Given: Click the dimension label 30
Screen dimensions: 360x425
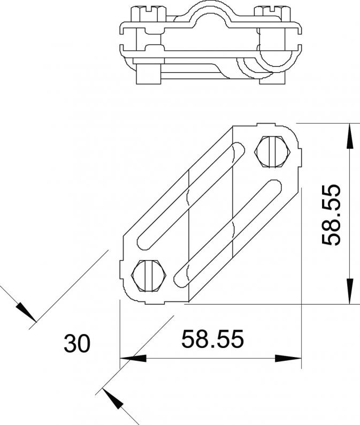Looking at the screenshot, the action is (x=76, y=344).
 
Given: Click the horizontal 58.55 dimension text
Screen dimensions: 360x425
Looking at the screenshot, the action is (x=213, y=339).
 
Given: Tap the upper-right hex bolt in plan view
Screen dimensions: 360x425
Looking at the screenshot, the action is (x=273, y=152).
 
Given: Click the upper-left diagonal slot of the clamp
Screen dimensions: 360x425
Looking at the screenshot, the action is (x=192, y=196).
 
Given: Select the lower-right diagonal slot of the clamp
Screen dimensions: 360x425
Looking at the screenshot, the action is (x=227, y=233).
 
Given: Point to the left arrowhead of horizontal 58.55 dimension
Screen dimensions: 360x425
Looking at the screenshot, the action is (x=133, y=358).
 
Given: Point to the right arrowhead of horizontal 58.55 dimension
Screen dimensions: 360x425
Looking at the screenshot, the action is (x=288, y=358).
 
